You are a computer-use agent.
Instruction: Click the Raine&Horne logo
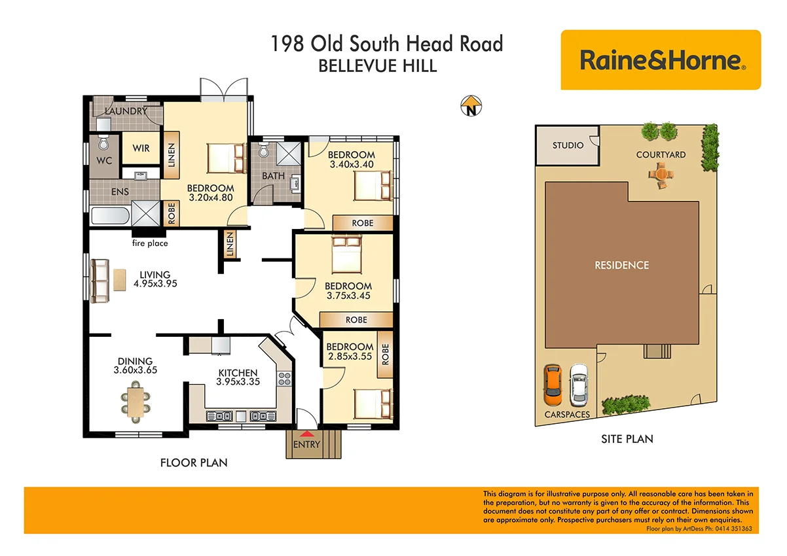(661, 60)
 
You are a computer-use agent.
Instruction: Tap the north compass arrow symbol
(470, 105)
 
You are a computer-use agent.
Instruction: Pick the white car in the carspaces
(579, 384)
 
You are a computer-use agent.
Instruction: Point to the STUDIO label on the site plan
(567, 145)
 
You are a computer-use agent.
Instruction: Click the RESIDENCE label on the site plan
(621, 265)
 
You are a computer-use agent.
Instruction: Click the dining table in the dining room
(136, 400)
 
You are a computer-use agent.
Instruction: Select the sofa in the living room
(100, 281)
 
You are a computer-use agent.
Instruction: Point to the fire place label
(149, 243)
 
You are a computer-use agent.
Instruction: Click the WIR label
(141, 148)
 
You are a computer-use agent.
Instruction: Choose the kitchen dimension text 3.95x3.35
(238, 382)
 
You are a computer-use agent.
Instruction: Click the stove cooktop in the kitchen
(285, 378)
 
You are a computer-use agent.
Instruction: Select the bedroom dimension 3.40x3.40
(351, 164)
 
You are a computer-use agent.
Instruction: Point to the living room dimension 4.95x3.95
(155, 284)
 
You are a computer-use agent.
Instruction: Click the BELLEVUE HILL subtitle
(376, 66)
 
